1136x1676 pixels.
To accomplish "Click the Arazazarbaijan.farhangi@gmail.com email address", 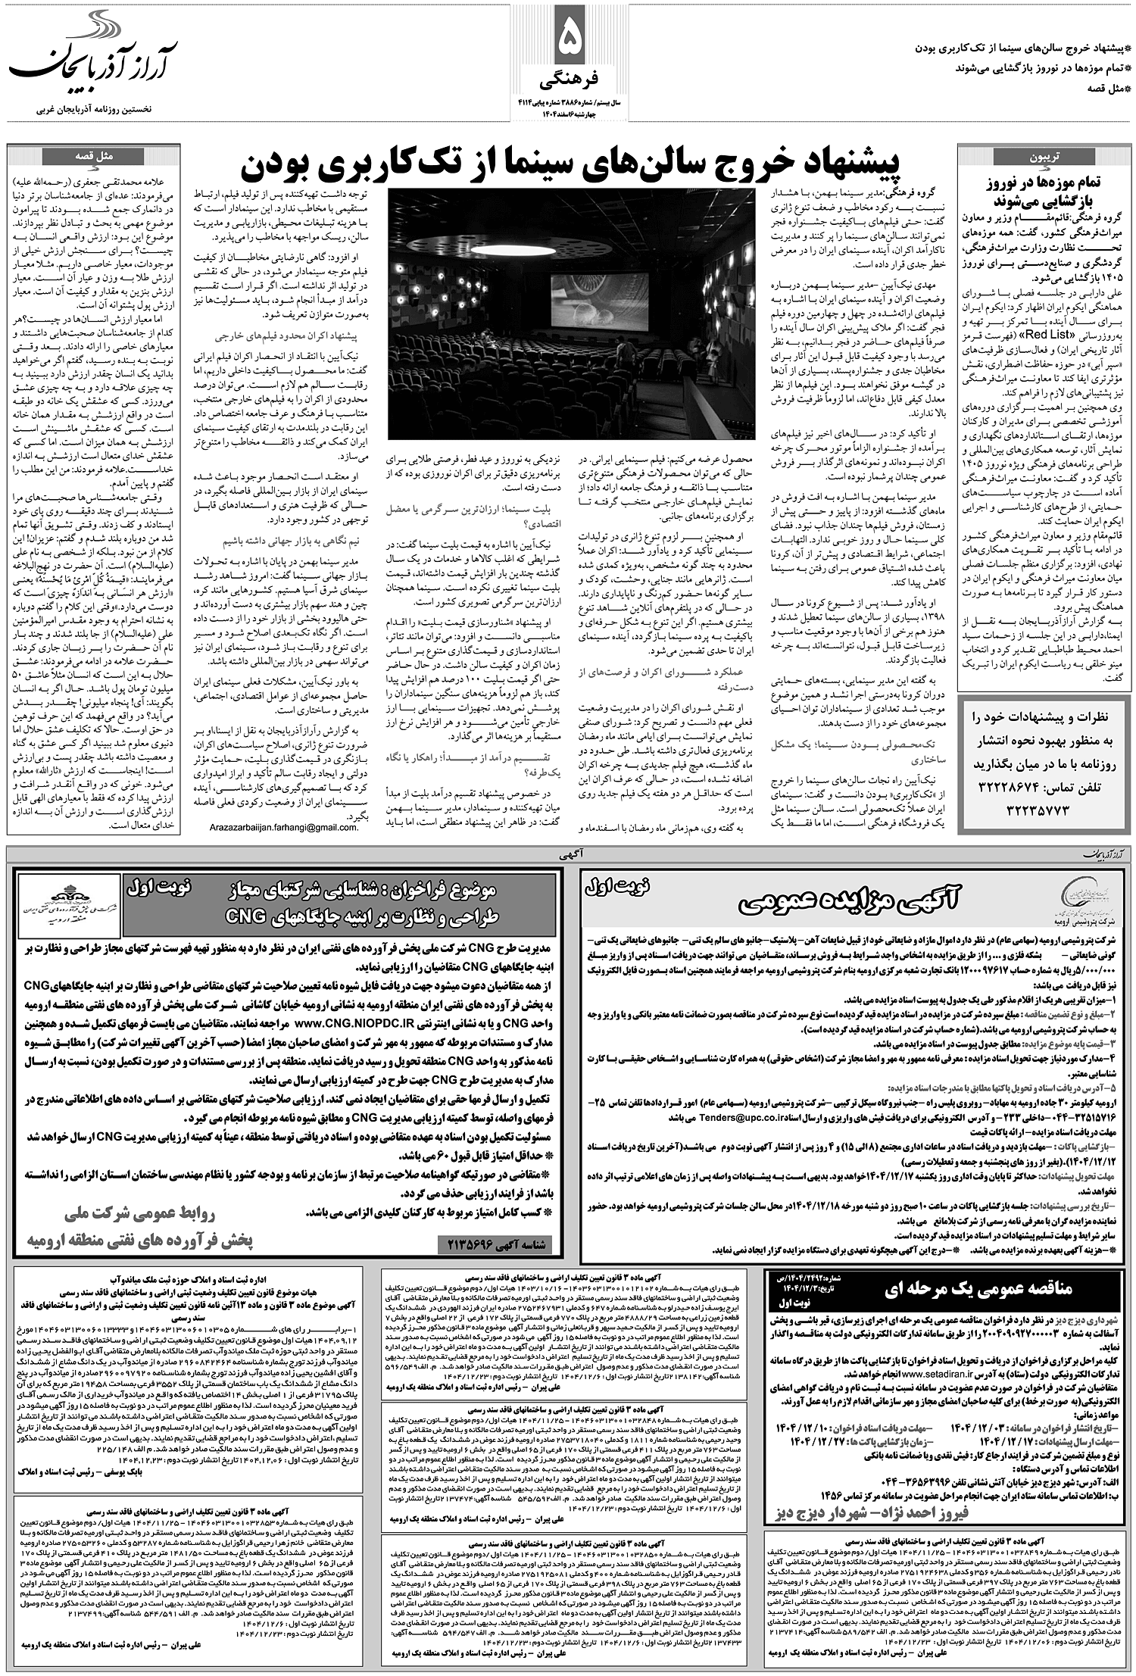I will click(284, 829).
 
